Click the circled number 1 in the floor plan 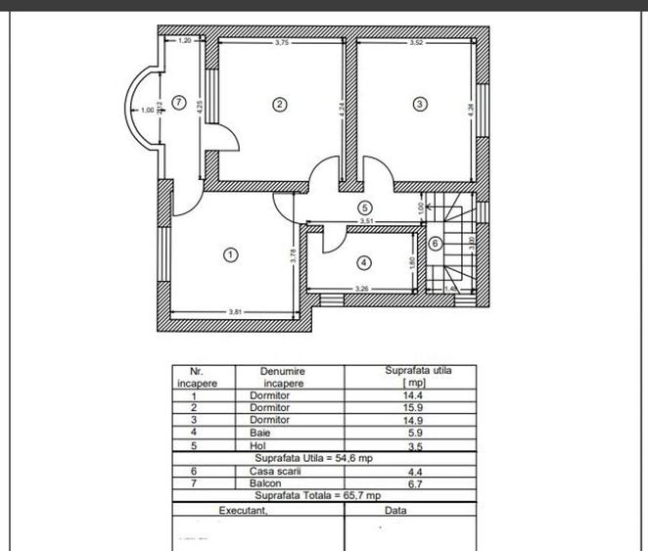(230, 253)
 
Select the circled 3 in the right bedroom (420, 103)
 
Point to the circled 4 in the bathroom (363, 262)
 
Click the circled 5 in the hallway (364, 207)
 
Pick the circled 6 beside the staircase (436, 243)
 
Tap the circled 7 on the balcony (178, 101)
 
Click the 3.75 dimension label (282, 42)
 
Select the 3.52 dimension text (417, 42)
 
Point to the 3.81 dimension (235, 311)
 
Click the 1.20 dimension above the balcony (185, 41)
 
